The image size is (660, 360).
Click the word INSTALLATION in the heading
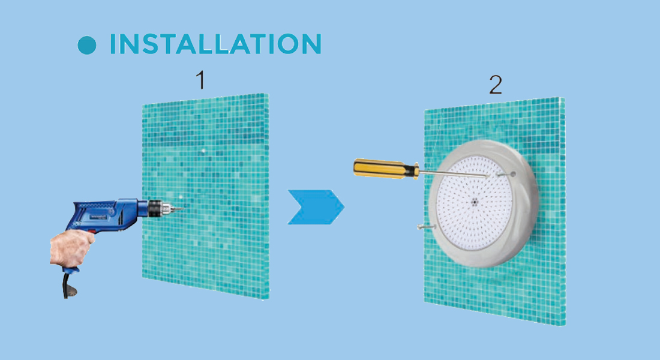coord(215,44)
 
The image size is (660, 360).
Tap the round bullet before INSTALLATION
coord(87,45)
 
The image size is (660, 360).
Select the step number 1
coord(201,80)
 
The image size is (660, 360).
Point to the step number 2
coord(496,85)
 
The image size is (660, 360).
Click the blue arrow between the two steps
coord(316,207)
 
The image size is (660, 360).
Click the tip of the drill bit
coord(183,208)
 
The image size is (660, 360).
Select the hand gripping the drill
coord(72,248)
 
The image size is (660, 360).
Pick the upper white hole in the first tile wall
coord(203,151)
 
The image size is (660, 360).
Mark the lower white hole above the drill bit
coord(180,196)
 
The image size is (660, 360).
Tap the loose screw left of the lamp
coord(426,227)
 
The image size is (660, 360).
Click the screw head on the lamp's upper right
coord(512,173)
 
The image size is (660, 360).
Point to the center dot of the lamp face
coord(475,202)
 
